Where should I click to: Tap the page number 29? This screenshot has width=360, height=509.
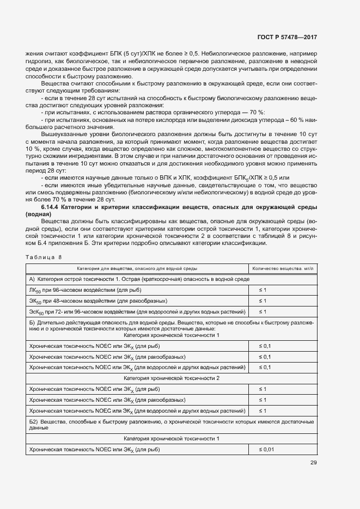(313, 463)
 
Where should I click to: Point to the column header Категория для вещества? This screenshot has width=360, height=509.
(137, 268)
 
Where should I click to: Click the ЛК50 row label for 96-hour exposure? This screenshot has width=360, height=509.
(74, 290)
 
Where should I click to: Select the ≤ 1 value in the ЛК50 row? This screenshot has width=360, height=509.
(262, 290)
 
